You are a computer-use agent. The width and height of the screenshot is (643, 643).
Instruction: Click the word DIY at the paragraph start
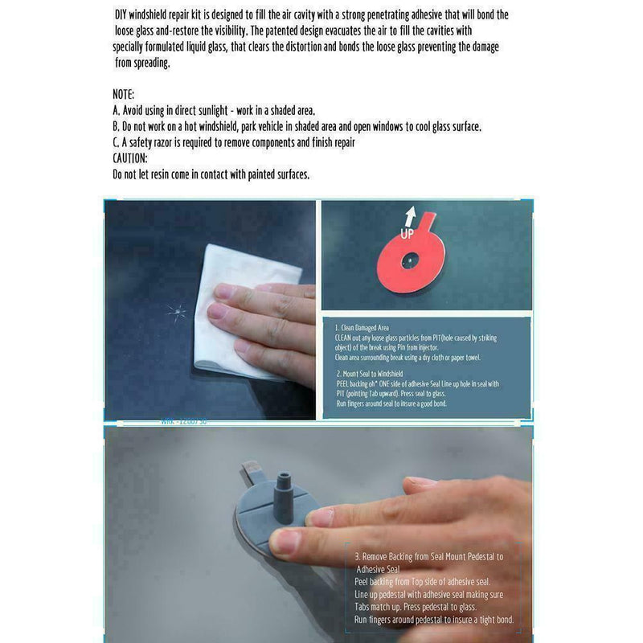(x=121, y=14)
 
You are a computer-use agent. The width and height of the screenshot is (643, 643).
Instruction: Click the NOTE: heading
(x=124, y=94)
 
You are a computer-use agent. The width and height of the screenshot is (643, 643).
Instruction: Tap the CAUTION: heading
(x=130, y=158)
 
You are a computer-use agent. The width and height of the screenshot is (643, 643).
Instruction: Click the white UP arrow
(x=411, y=216)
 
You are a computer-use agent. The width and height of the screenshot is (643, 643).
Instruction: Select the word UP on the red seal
(x=408, y=235)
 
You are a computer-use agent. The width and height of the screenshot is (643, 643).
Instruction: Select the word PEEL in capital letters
(x=346, y=384)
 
